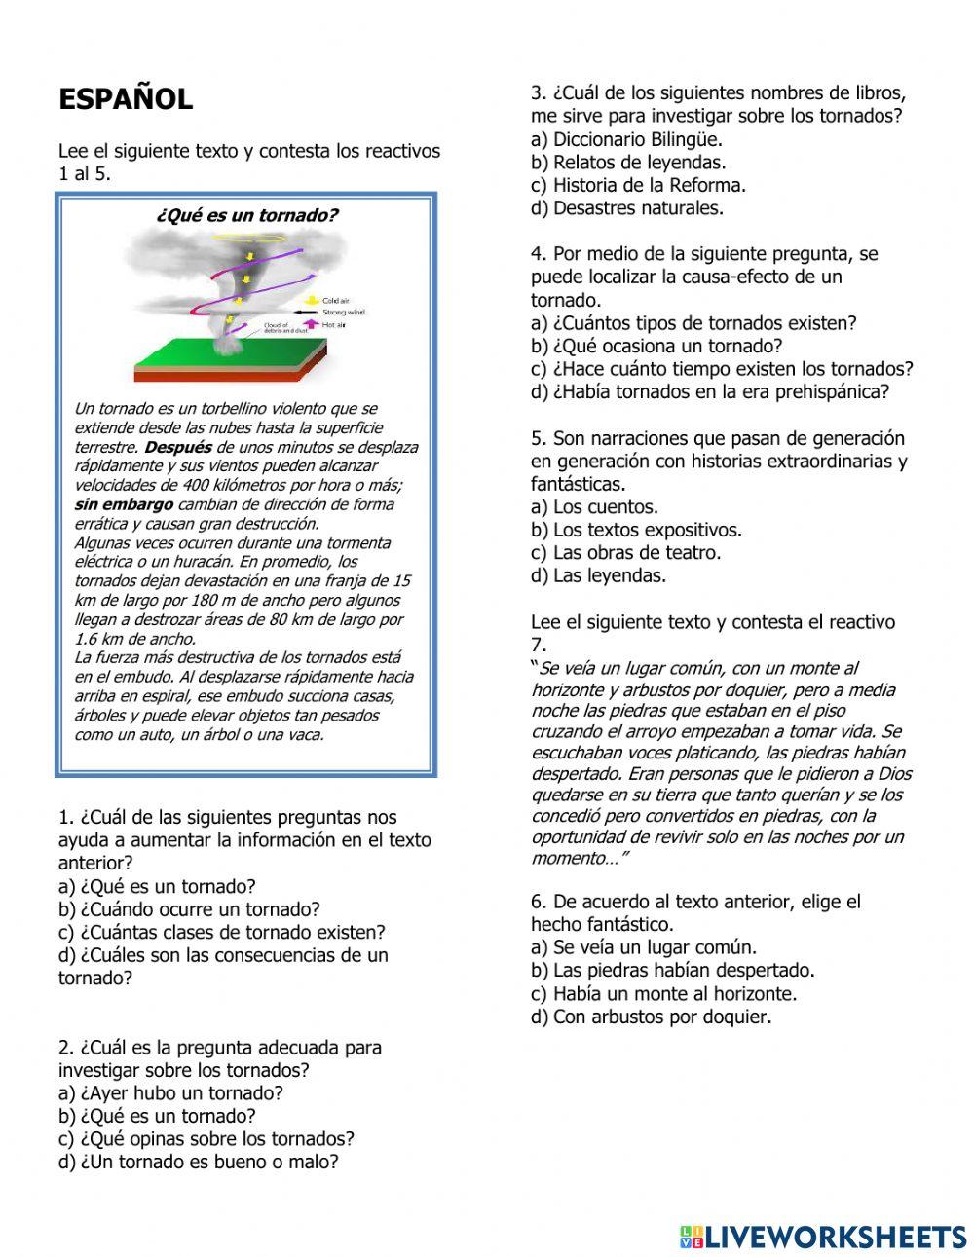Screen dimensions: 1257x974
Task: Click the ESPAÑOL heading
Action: point(126,99)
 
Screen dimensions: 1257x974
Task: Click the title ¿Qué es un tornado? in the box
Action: point(246,215)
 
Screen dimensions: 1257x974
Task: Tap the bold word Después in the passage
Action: point(177,447)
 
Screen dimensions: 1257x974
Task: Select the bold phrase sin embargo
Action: point(124,504)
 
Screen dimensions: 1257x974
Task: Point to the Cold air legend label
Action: point(336,302)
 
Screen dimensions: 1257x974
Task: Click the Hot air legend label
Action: point(334,324)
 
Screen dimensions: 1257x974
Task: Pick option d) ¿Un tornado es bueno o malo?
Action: point(199,1161)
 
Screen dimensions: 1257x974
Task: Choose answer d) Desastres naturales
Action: point(627,207)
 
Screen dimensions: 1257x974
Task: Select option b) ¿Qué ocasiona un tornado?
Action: point(656,346)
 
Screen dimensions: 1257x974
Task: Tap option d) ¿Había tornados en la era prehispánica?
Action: point(710,391)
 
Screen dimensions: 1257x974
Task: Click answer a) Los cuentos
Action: point(594,506)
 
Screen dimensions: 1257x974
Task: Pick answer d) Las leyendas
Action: point(598,574)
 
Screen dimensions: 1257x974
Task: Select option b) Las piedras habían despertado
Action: point(673,970)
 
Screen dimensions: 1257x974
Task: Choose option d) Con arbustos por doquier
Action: point(651,1017)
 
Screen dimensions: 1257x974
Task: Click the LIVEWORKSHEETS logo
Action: point(823,1237)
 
